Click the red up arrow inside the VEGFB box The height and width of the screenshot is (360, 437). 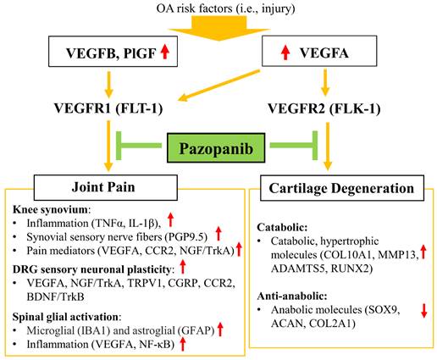(167, 56)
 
